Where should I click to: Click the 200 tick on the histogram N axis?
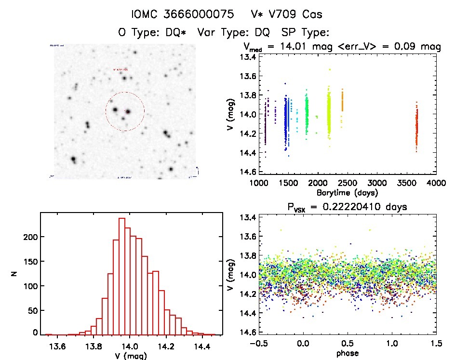(29, 237)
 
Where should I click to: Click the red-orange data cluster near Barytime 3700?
(416, 128)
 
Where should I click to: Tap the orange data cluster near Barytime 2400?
(342, 101)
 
